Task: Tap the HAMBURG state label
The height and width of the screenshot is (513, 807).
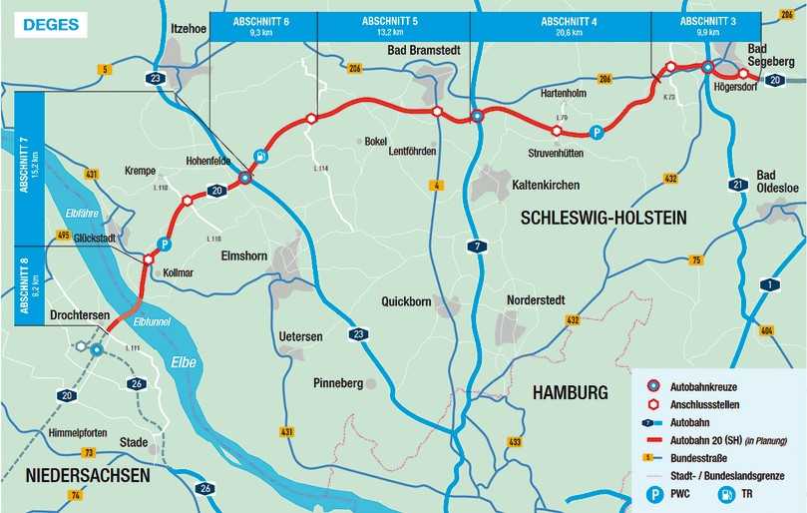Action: tap(571, 392)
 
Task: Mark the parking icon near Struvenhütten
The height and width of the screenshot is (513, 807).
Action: tap(596, 132)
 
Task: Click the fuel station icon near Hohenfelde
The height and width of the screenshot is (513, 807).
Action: tap(259, 156)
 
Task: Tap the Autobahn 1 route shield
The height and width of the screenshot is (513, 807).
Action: tap(768, 285)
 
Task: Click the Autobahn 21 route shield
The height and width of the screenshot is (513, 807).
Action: tap(738, 185)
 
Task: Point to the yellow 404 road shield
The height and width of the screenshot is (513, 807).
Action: tap(766, 329)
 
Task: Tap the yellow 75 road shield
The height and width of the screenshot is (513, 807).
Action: tap(696, 259)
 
